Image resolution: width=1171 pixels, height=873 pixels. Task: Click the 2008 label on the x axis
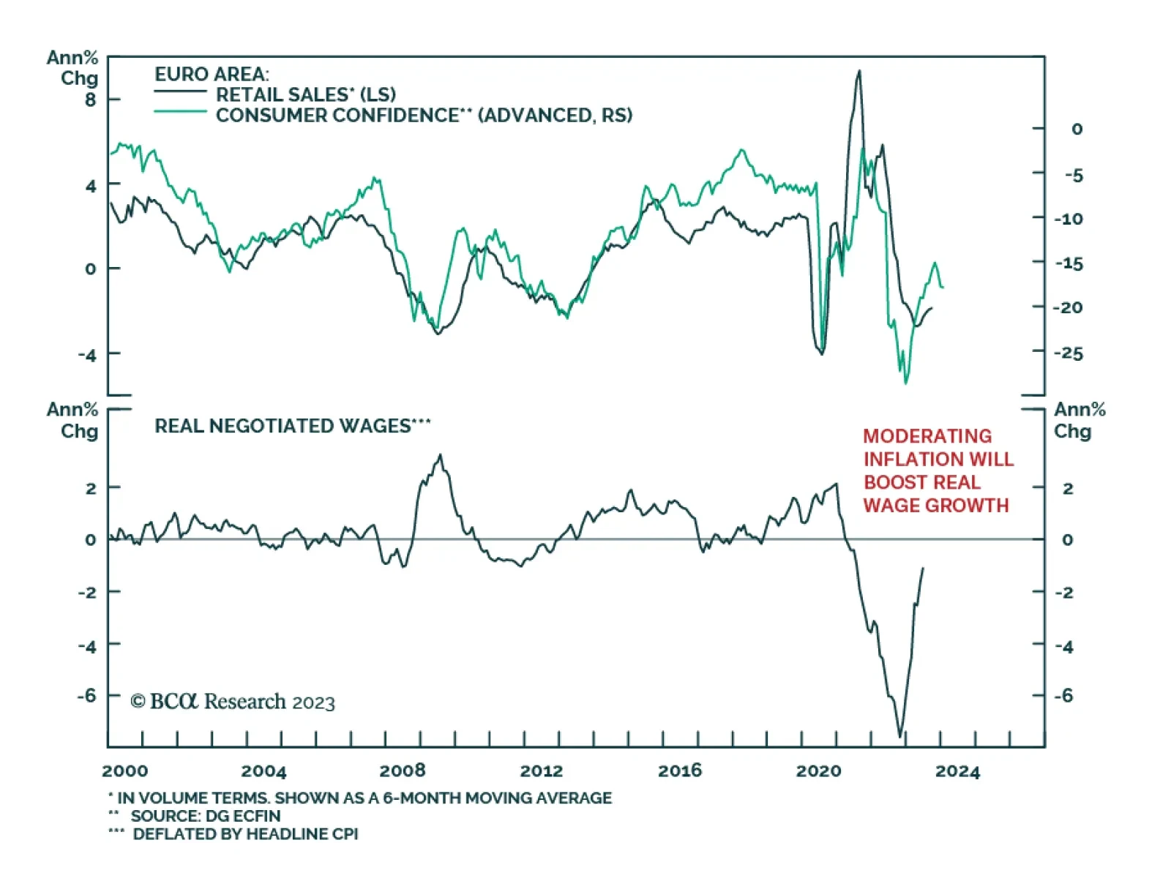pyautogui.click(x=402, y=771)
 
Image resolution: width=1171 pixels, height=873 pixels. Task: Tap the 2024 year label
pyautogui.click(x=957, y=771)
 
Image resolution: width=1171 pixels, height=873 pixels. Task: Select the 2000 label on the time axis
pyautogui.click(x=124, y=771)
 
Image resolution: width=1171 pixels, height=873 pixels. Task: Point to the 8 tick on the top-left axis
pyautogui.click(x=90, y=100)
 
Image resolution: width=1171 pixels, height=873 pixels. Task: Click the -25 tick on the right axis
pyautogui.click(x=1068, y=353)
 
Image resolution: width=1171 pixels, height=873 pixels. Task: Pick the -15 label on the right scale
pyautogui.click(x=1068, y=263)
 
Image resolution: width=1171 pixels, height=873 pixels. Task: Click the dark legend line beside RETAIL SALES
pyautogui.click(x=180, y=92)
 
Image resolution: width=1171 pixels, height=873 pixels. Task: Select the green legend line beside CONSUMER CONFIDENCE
pyautogui.click(x=180, y=112)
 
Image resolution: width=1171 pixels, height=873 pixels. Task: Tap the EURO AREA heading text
pyautogui.click(x=212, y=74)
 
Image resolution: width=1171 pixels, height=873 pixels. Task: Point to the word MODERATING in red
pyautogui.click(x=927, y=436)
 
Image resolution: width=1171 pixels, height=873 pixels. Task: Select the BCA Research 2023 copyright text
pyautogui.click(x=233, y=702)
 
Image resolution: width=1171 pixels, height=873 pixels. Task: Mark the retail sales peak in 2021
pyautogui.click(x=859, y=71)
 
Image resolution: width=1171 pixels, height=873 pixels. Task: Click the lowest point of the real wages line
pyautogui.click(x=900, y=736)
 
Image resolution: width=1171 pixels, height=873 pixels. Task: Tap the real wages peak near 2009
pyautogui.click(x=440, y=455)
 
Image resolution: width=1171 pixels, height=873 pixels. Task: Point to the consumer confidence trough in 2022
pyautogui.click(x=906, y=383)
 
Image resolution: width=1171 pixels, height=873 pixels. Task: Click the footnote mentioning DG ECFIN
pyautogui.click(x=206, y=816)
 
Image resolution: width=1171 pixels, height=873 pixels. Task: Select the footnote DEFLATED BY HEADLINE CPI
pyautogui.click(x=245, y=834)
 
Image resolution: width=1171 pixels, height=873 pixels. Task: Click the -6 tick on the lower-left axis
pyautogui.click(x=87, y=695)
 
